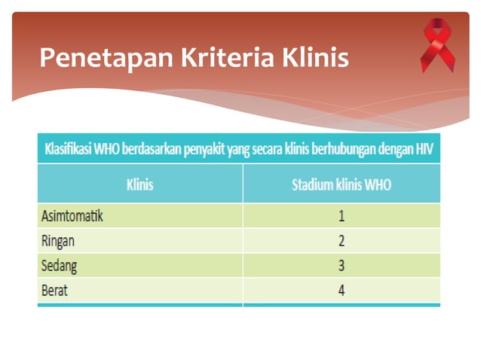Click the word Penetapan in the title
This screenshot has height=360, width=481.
tap(93, 57)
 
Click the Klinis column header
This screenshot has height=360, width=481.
tap(140, 185)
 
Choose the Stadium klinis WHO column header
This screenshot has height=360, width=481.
tap(342, 185)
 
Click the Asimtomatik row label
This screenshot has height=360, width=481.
tap(72, 216)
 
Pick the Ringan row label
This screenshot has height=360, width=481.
tap(58, 241)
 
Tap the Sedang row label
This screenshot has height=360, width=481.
tap(59, 266)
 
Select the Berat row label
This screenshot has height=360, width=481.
tap(54, 291)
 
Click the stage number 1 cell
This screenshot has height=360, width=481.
tap(342, 216)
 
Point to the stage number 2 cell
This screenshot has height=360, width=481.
tap(342, 241)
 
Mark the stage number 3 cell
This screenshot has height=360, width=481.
tap(342, 266)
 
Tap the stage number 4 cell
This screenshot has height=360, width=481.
tap(342, 291)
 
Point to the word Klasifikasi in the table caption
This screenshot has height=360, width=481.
tap(69, 148)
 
